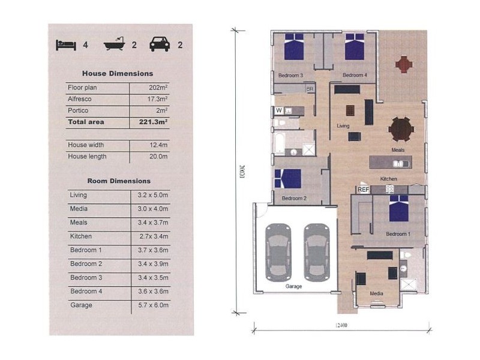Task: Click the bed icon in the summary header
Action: coord(66,45)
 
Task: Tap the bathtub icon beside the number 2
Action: coord(115,44)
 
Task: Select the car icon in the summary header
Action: coord(160,44)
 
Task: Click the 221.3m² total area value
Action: coord(153,122)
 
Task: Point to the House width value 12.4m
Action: coord(158,145)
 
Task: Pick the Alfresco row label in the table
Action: coord(80,99)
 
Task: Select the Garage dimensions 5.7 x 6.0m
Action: coord(153,305)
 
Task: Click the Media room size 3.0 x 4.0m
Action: coord(153,209)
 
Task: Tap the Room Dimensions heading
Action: coord(119,181)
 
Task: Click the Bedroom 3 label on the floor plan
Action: coord(290,76)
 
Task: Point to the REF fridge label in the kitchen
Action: coord(364,190)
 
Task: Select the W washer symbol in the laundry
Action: coord(278,110)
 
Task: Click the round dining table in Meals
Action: coord(401,129)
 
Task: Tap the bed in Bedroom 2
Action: coord(288,178)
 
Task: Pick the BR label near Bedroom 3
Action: coord(310,89)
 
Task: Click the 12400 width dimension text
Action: coord(341,325)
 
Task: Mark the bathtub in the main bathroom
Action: coord(280,143)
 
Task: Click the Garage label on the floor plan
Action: coord(293,286)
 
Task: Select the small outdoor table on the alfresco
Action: coord(404,64)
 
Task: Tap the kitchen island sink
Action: coord(398,164)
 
